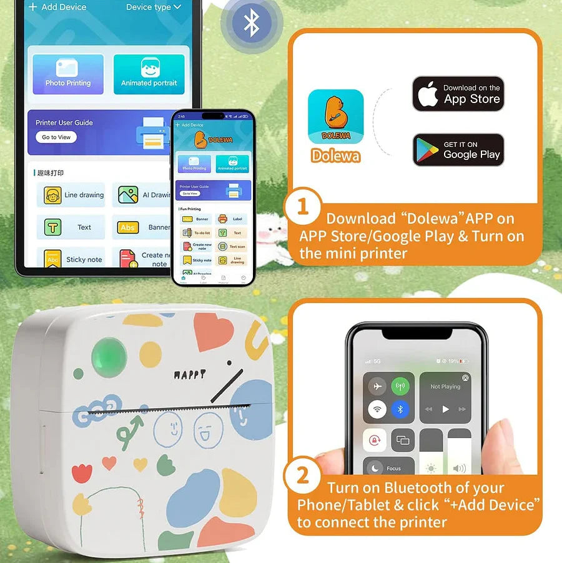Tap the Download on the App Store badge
[458, 94]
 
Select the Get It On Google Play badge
[458, 149]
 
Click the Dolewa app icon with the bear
[335, 117]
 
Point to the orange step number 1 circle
[302, 206]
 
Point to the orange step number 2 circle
[302, 476]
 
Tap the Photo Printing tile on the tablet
[68, 74]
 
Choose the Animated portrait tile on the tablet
[149, 74]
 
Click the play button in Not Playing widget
[445, 409]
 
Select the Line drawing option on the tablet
[71, 195]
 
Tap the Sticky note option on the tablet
[71, 259]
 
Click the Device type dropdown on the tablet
[153, 7]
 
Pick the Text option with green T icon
[71, 227]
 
